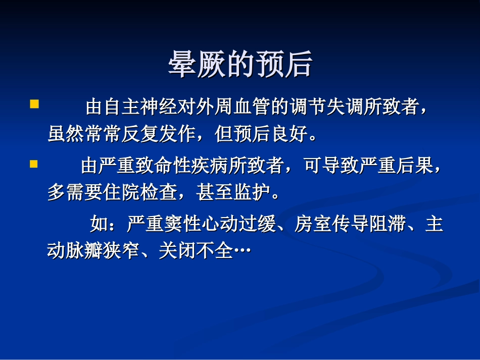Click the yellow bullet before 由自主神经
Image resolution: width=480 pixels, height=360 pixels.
pos(34,105)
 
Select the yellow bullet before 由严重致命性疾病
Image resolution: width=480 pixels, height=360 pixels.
pos(34,164)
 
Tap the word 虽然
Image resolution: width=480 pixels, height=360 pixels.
pos(66,134)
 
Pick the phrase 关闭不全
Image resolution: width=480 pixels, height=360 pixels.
pos(195,250)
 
